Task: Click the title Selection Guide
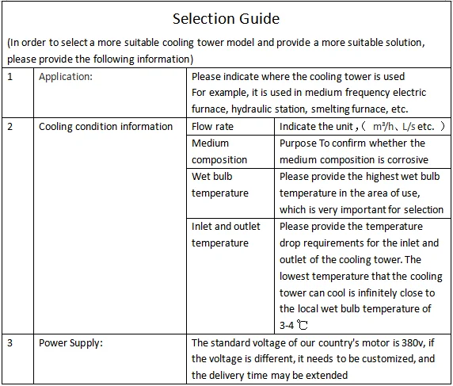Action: tap(226, 18)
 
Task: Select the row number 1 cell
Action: tap(10, 77)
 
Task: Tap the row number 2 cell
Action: tap(10, 127)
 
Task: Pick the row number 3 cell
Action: tap(10, 343)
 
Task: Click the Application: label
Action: tap(66, 77)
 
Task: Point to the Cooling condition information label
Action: tap(105, 127)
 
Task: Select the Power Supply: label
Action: tap(71, 343)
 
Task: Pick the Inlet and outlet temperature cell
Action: tap(226, 235)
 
